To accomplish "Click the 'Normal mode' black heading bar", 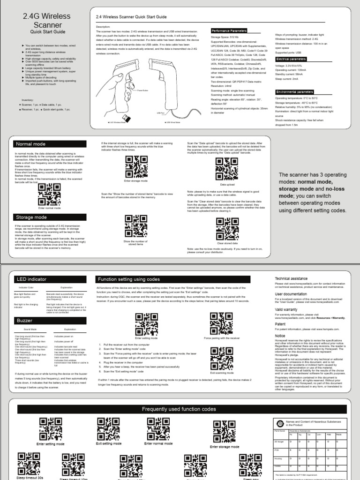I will point(49,144).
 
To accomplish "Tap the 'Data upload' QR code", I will point(226,169).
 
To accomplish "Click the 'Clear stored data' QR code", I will point(226,229).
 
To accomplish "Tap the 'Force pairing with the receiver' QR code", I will point(221,322).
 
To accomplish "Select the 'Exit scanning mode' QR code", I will point(221,358).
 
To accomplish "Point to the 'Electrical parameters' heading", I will point(292,60).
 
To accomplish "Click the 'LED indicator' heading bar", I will point(49,279).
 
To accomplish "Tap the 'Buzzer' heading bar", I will point(49,320).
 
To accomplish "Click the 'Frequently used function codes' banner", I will point(180,409).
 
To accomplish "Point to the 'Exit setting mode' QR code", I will point(108,428).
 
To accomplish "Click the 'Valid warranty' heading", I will point(286,309).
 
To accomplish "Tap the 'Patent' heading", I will point(280,323).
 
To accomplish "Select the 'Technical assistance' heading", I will point(291,278).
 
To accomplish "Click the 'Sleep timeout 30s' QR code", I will point(29,463).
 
